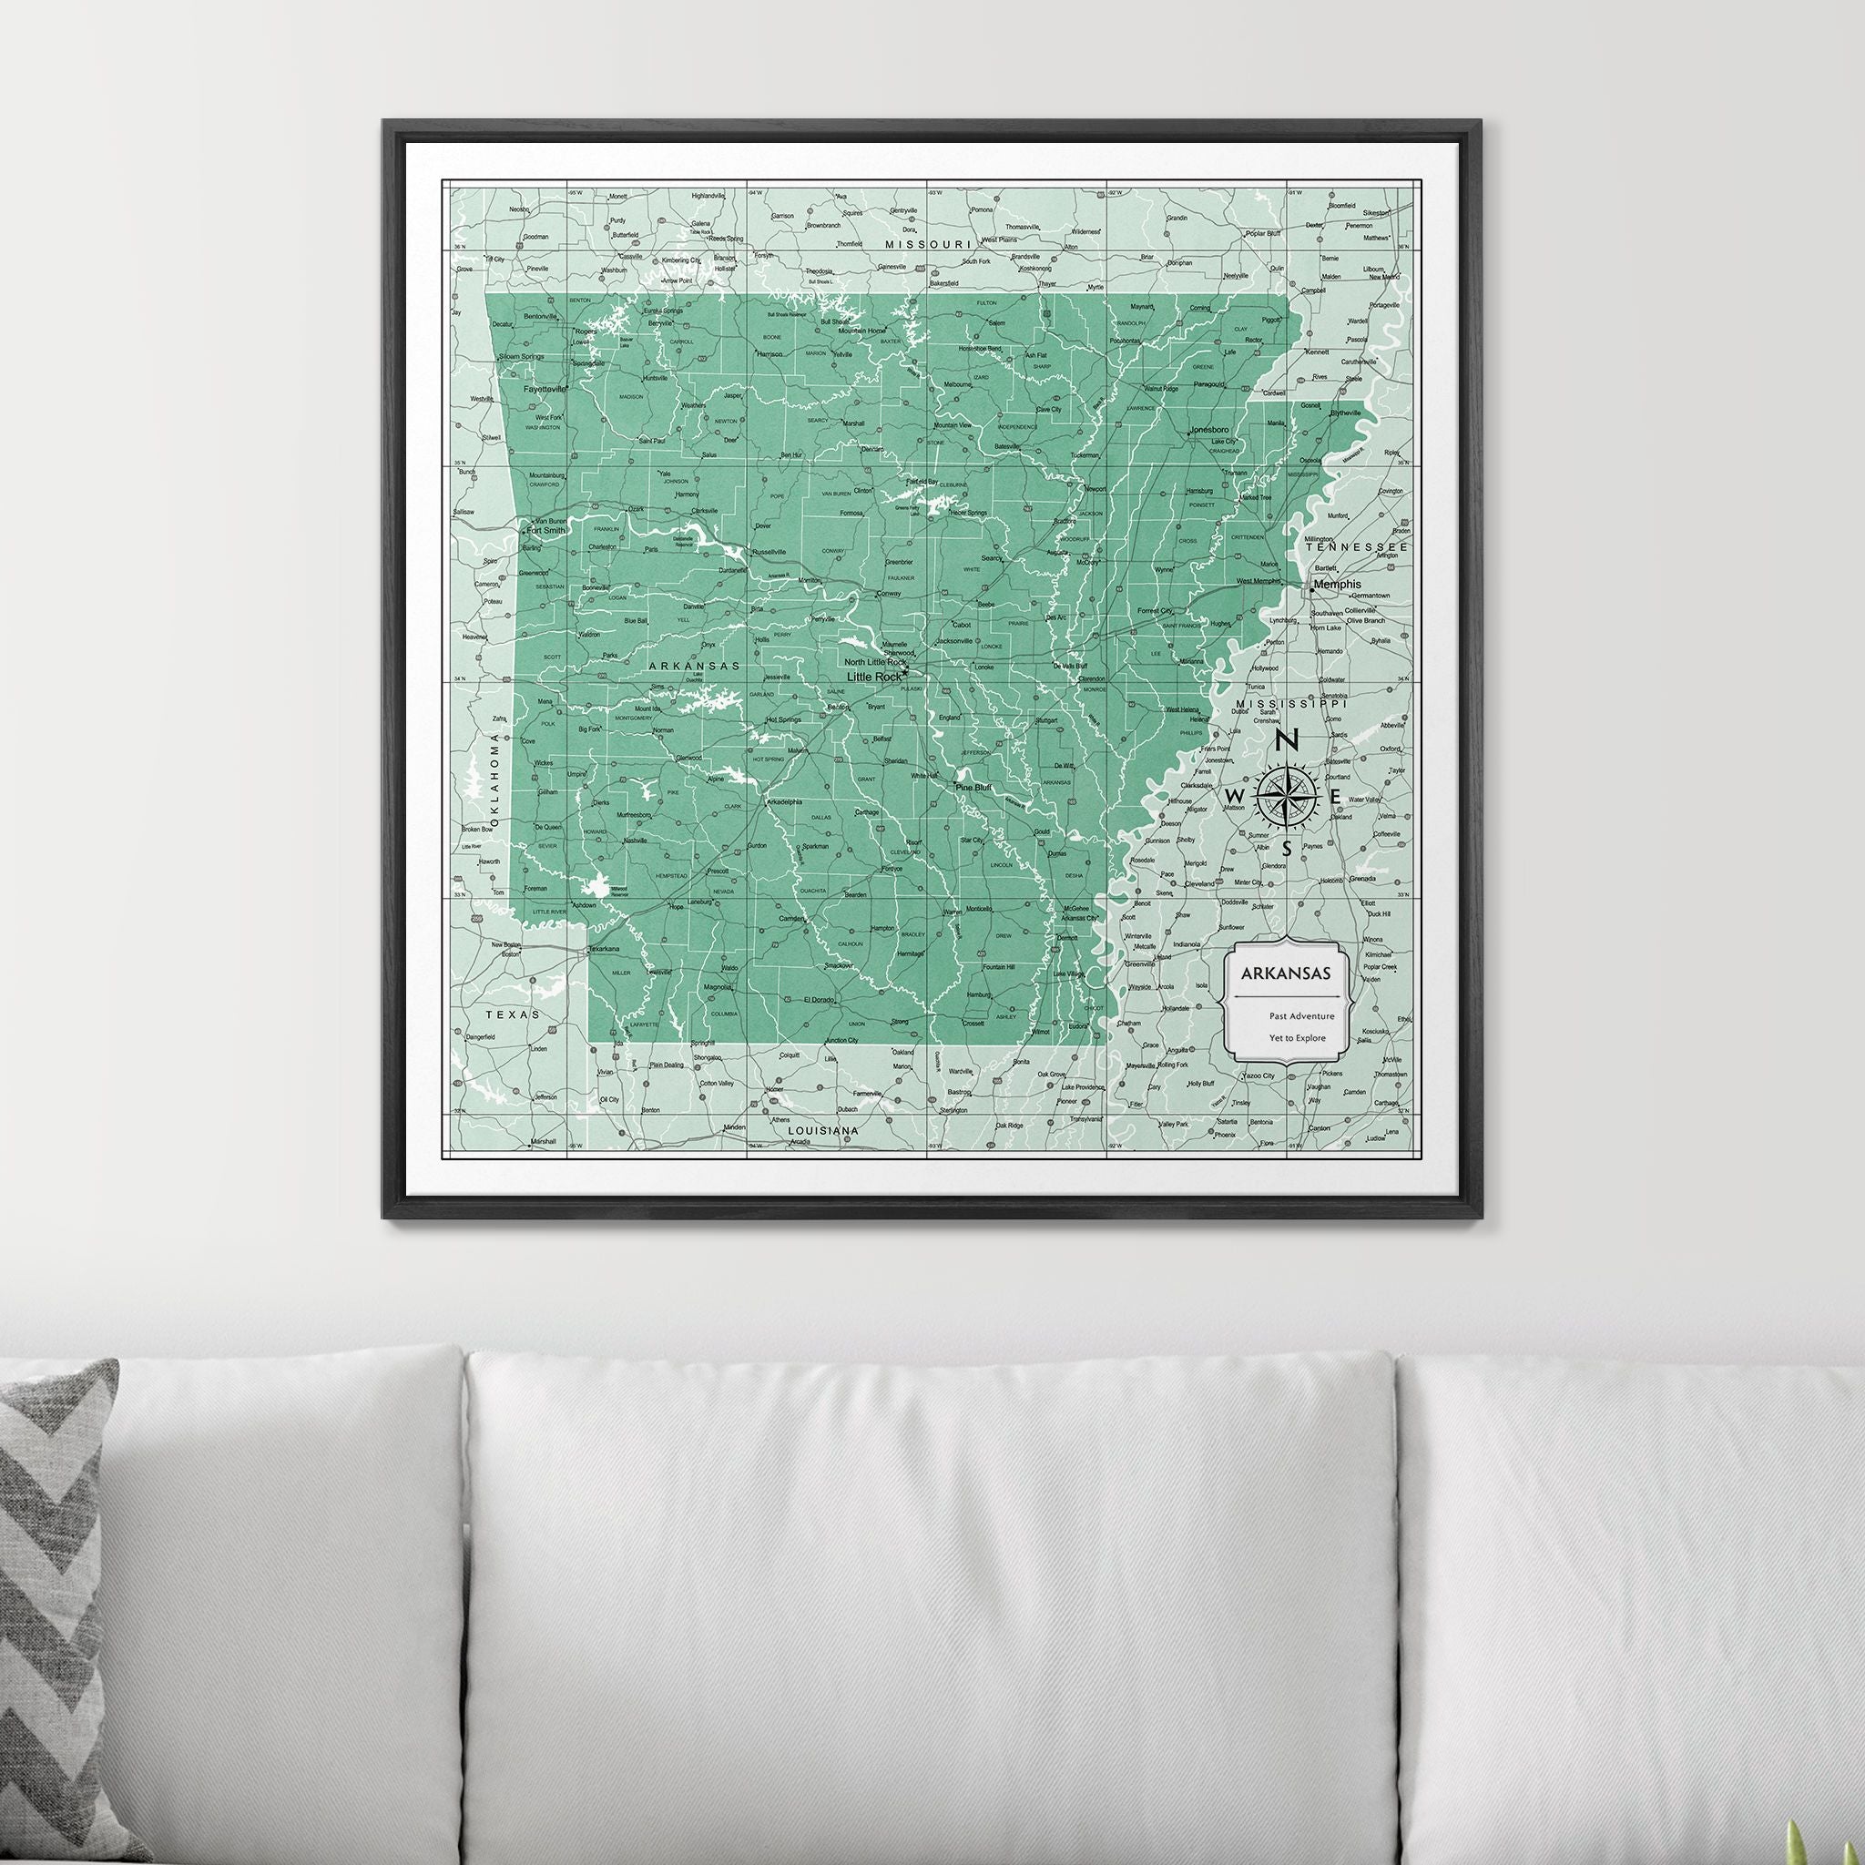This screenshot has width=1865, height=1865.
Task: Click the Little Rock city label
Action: click(872, 677)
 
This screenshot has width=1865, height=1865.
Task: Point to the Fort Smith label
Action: click(546, 530)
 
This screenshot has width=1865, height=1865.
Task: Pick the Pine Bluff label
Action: click(973, 787)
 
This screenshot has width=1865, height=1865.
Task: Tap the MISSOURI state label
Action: click(928, 245)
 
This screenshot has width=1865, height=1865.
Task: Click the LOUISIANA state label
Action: click(822, 1129)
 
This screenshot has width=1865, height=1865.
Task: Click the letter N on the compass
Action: click(1286, 741)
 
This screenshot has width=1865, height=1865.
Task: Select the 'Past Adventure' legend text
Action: click(1302, 1015)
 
